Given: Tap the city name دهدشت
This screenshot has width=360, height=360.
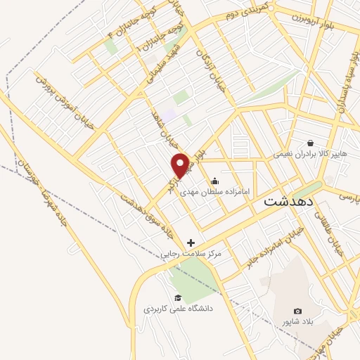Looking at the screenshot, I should [x=288, y=202].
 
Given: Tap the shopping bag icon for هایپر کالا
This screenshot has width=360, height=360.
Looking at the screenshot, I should [x=309, y=142].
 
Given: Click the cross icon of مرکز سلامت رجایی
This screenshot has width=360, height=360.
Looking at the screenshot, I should [x=191, y=243].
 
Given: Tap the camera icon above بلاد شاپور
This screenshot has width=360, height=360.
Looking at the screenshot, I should [x=297, y=311].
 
